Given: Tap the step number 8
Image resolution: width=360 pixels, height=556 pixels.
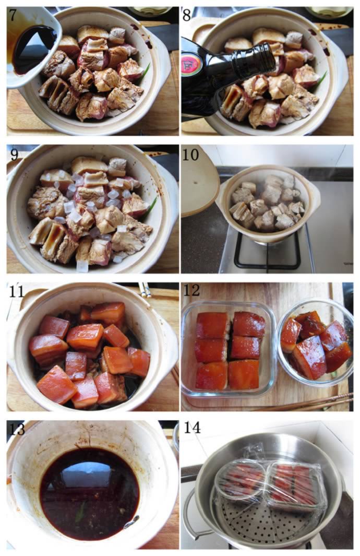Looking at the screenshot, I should click(187, 16).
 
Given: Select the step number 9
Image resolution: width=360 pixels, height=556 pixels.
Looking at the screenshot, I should click(14, 155).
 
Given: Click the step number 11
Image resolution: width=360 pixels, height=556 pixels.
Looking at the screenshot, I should click(16, 291).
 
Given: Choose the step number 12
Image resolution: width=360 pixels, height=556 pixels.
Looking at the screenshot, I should click(191, 291).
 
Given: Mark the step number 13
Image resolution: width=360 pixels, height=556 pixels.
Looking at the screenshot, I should click(16, 429).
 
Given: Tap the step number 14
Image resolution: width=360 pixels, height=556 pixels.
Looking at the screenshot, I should click(192, 429).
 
